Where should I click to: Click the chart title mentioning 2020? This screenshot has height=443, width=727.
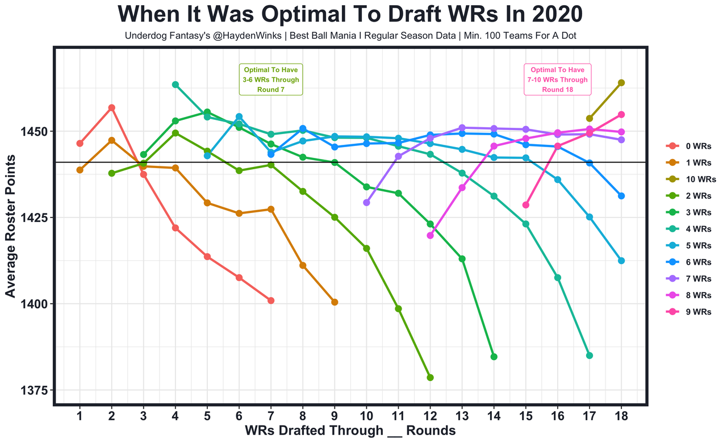click(350, 15)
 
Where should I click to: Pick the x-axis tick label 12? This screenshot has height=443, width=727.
click(430, 416)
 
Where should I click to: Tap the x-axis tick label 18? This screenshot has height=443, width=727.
click(621, 416)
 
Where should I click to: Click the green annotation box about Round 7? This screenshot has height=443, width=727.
click(271, 80)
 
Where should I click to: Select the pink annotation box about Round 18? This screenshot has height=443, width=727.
click(557, 80)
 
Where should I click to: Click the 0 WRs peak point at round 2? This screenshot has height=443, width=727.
click(112, 108)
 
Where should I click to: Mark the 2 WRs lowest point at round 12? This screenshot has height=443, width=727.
click(430, 378)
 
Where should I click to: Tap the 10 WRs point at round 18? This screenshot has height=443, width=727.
click(621, 83)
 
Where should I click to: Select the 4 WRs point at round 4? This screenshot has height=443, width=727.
click(176, 85)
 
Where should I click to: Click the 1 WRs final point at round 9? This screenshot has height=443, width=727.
click(335, 302)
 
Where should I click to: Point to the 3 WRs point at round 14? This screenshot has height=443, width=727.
click(494, 357)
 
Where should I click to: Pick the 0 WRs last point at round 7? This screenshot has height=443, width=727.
click(271, 300)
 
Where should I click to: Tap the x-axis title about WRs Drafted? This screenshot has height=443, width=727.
click(350, 431)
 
